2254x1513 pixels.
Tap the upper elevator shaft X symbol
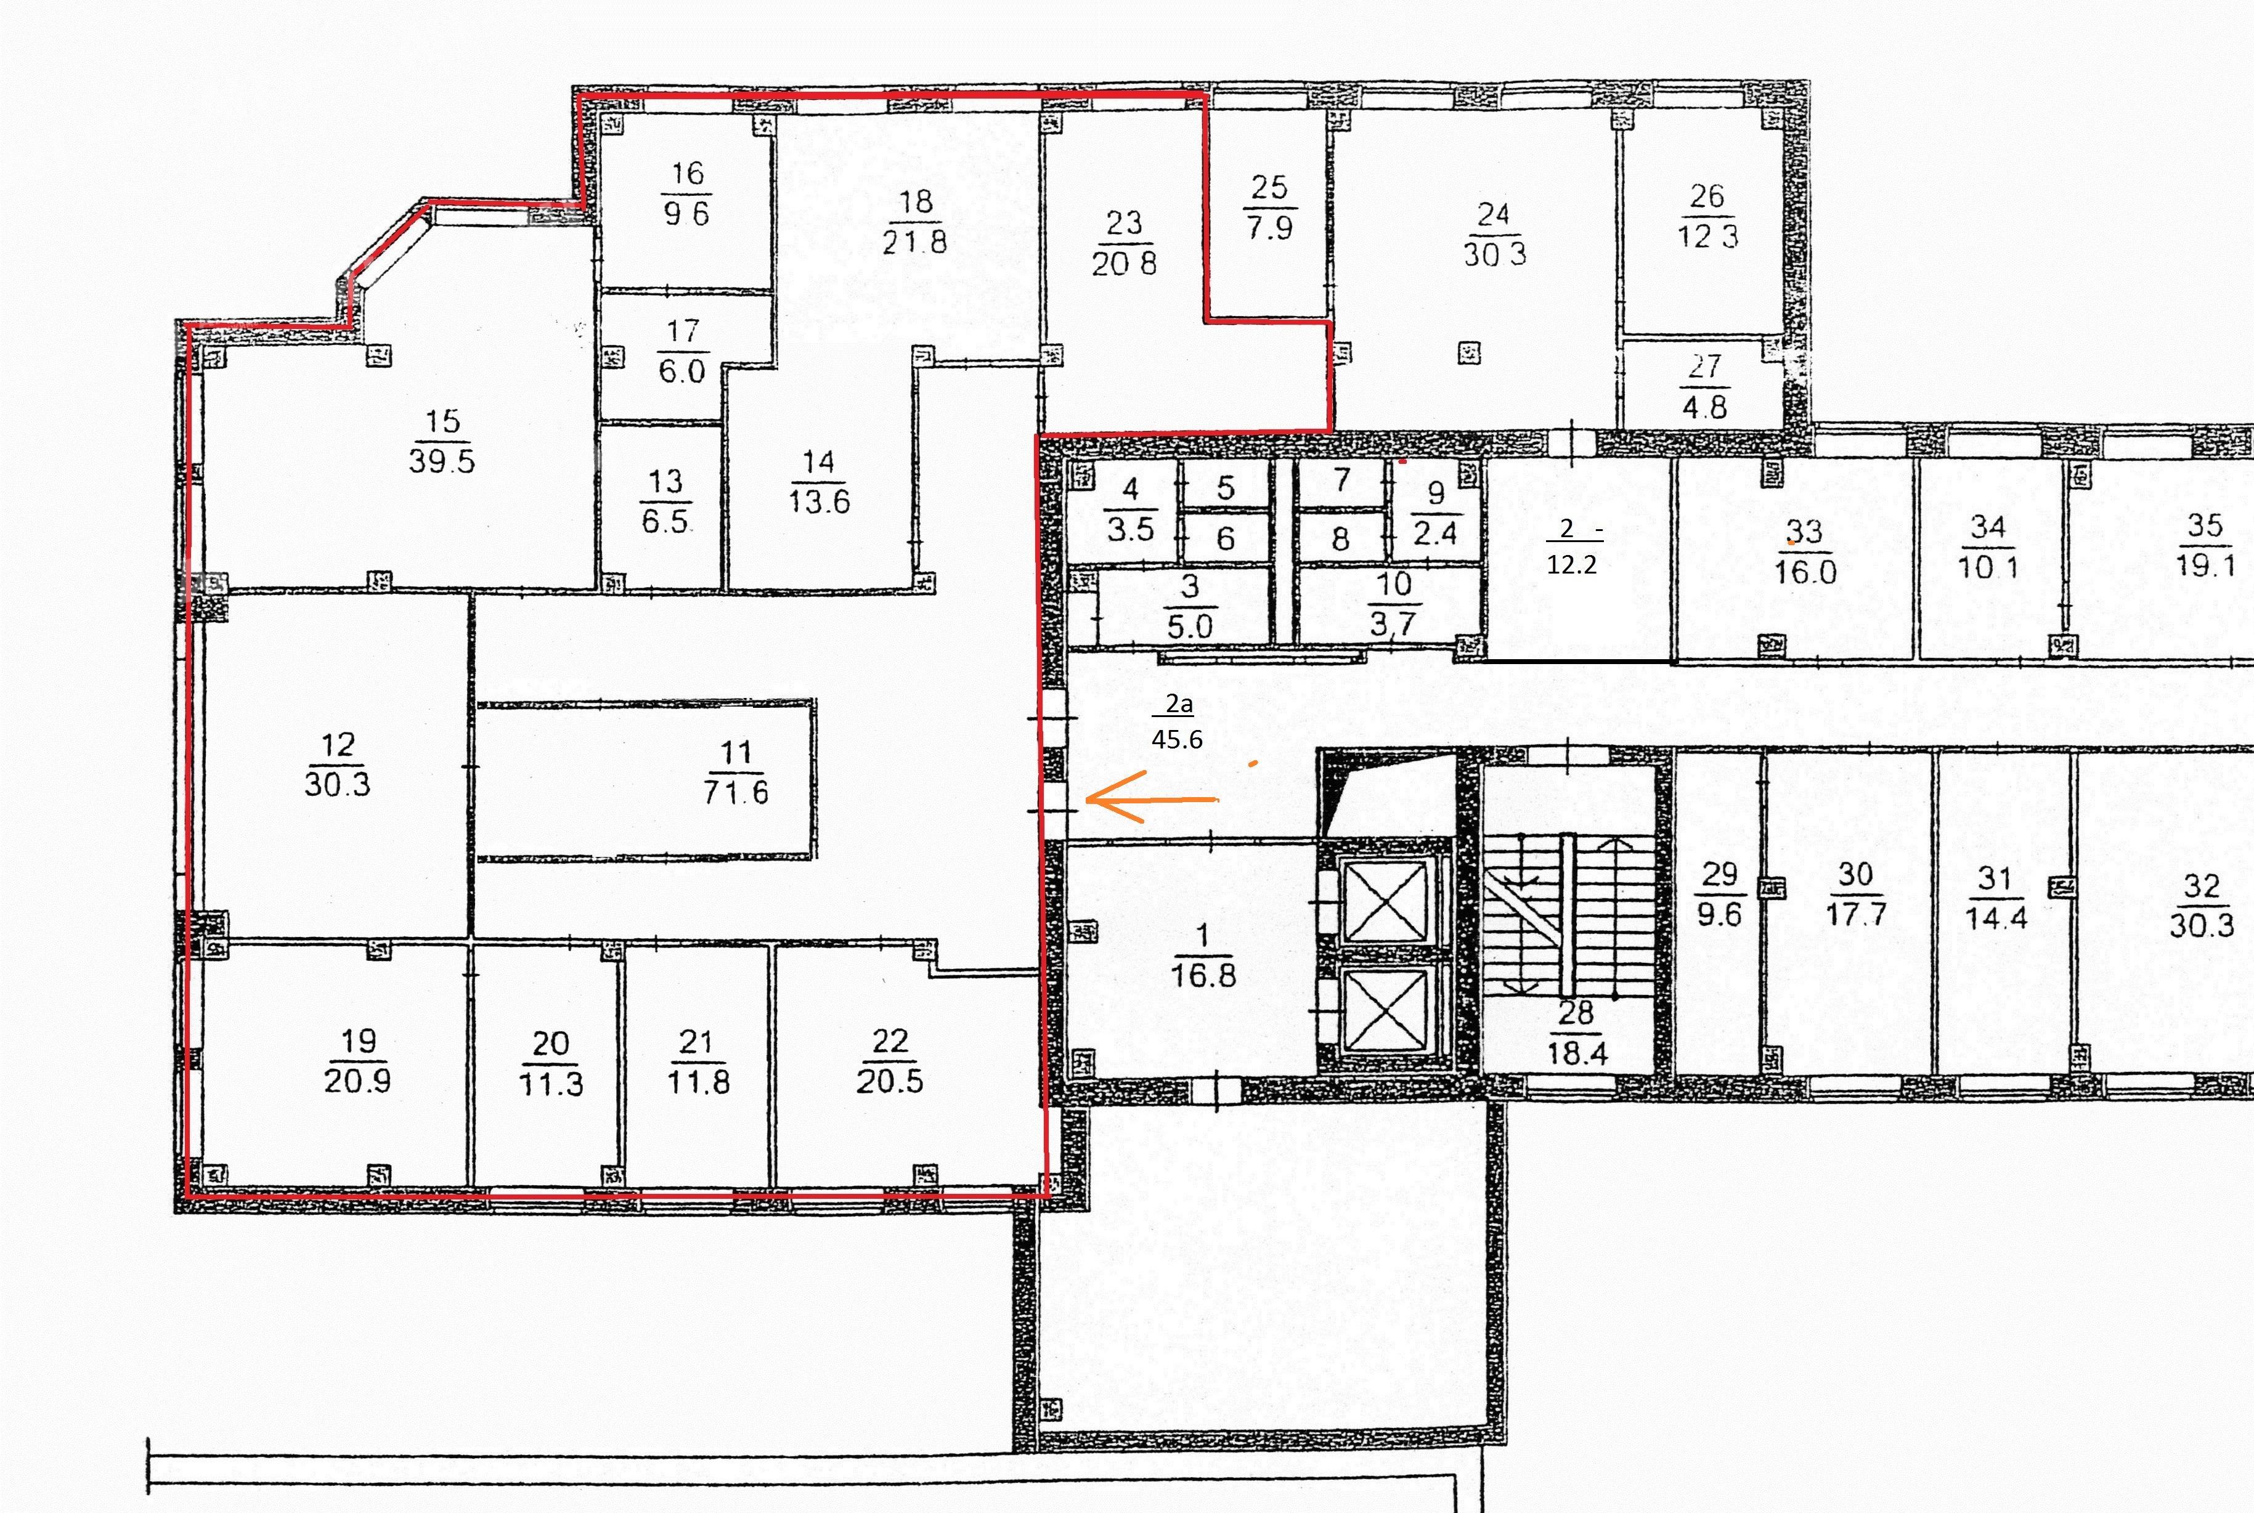click(1386, 903)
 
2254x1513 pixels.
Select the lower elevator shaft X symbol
click(1386, 1009)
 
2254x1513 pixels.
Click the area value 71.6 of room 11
click(736, 792)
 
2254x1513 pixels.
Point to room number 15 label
click(443, 421)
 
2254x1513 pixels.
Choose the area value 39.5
click(442, 460)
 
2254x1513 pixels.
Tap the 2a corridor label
click(1179, 704)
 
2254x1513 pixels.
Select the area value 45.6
click(1177, 739)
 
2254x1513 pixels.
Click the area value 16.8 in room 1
click(1203, 975)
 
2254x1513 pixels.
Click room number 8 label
click(1340, 538)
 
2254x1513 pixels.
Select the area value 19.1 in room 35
click(2206, 564)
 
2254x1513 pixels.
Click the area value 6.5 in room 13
click(665, 521)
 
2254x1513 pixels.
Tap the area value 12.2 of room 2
click(1572, 564)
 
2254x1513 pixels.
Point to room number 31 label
click(1995, 879)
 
